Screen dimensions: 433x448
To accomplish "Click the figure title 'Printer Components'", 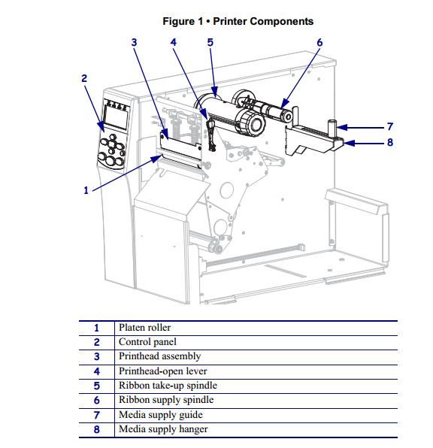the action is (x=263, y=22).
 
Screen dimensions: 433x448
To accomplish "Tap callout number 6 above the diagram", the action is (x=319, y=43).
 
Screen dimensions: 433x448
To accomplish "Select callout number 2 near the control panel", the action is (x=84, y=78).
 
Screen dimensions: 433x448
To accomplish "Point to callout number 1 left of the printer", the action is (x=86, y=190).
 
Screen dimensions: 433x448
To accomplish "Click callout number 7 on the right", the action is (x=390, y=126).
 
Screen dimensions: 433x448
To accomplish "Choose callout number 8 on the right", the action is (x=390, y=142).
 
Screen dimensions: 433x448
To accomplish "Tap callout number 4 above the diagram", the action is (x=174, y=43).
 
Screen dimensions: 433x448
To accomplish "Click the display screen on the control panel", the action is (x=116, y=117).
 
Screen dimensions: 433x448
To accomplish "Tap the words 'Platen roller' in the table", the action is (x=144, y=328).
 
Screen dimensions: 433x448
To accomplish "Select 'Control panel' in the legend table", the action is (x=147, y=342).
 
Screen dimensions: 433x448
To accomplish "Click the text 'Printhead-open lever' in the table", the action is (x=163, y=371).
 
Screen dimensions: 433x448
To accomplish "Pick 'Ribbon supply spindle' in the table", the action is (x=166, y=400).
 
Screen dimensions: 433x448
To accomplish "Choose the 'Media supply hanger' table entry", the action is (x=163, y=429).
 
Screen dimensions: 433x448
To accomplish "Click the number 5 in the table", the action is (x=97, y=386).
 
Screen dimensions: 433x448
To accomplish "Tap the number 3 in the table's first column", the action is (x=97, y=356).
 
